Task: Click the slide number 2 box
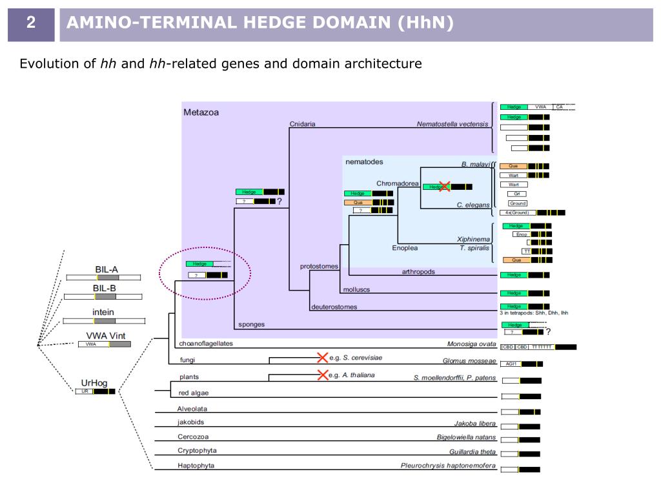30,25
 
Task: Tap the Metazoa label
201,112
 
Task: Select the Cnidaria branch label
302,125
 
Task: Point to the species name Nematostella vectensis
453,125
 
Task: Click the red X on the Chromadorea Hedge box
444,186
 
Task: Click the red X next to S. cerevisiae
322,357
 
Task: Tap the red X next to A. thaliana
322,375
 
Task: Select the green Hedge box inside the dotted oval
199,263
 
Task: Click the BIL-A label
107,269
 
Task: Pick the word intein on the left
103,311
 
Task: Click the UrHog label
95,383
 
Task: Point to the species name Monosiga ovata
471,344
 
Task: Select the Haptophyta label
196,465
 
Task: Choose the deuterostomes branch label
334,307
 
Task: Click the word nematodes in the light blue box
365,161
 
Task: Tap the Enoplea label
405,247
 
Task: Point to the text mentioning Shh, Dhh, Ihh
534,313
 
